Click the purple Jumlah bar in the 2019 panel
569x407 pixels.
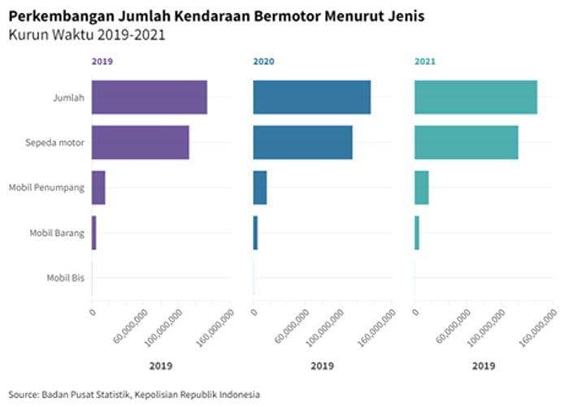[x=150, y=98]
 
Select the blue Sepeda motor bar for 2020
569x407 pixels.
[x=302, y=142]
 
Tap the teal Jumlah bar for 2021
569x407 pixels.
[x=476, y=98]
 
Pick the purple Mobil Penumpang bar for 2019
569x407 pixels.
[x=98, y=188]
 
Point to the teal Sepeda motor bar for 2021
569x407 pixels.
[x=466, y=142]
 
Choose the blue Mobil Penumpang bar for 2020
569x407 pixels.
[x=260, y=188]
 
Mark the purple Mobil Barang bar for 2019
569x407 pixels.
[x=94, y=233]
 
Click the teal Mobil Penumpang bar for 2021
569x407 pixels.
[x=421, y=188]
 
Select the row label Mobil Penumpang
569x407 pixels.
[x=47, y=188]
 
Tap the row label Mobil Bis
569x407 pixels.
[x=66, y=278]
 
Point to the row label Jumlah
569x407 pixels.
[x=69, y=98]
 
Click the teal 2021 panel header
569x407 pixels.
[x=425, y=61]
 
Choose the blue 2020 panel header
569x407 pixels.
[x=263, y=61]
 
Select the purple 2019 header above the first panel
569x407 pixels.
[x=102, y=61]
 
